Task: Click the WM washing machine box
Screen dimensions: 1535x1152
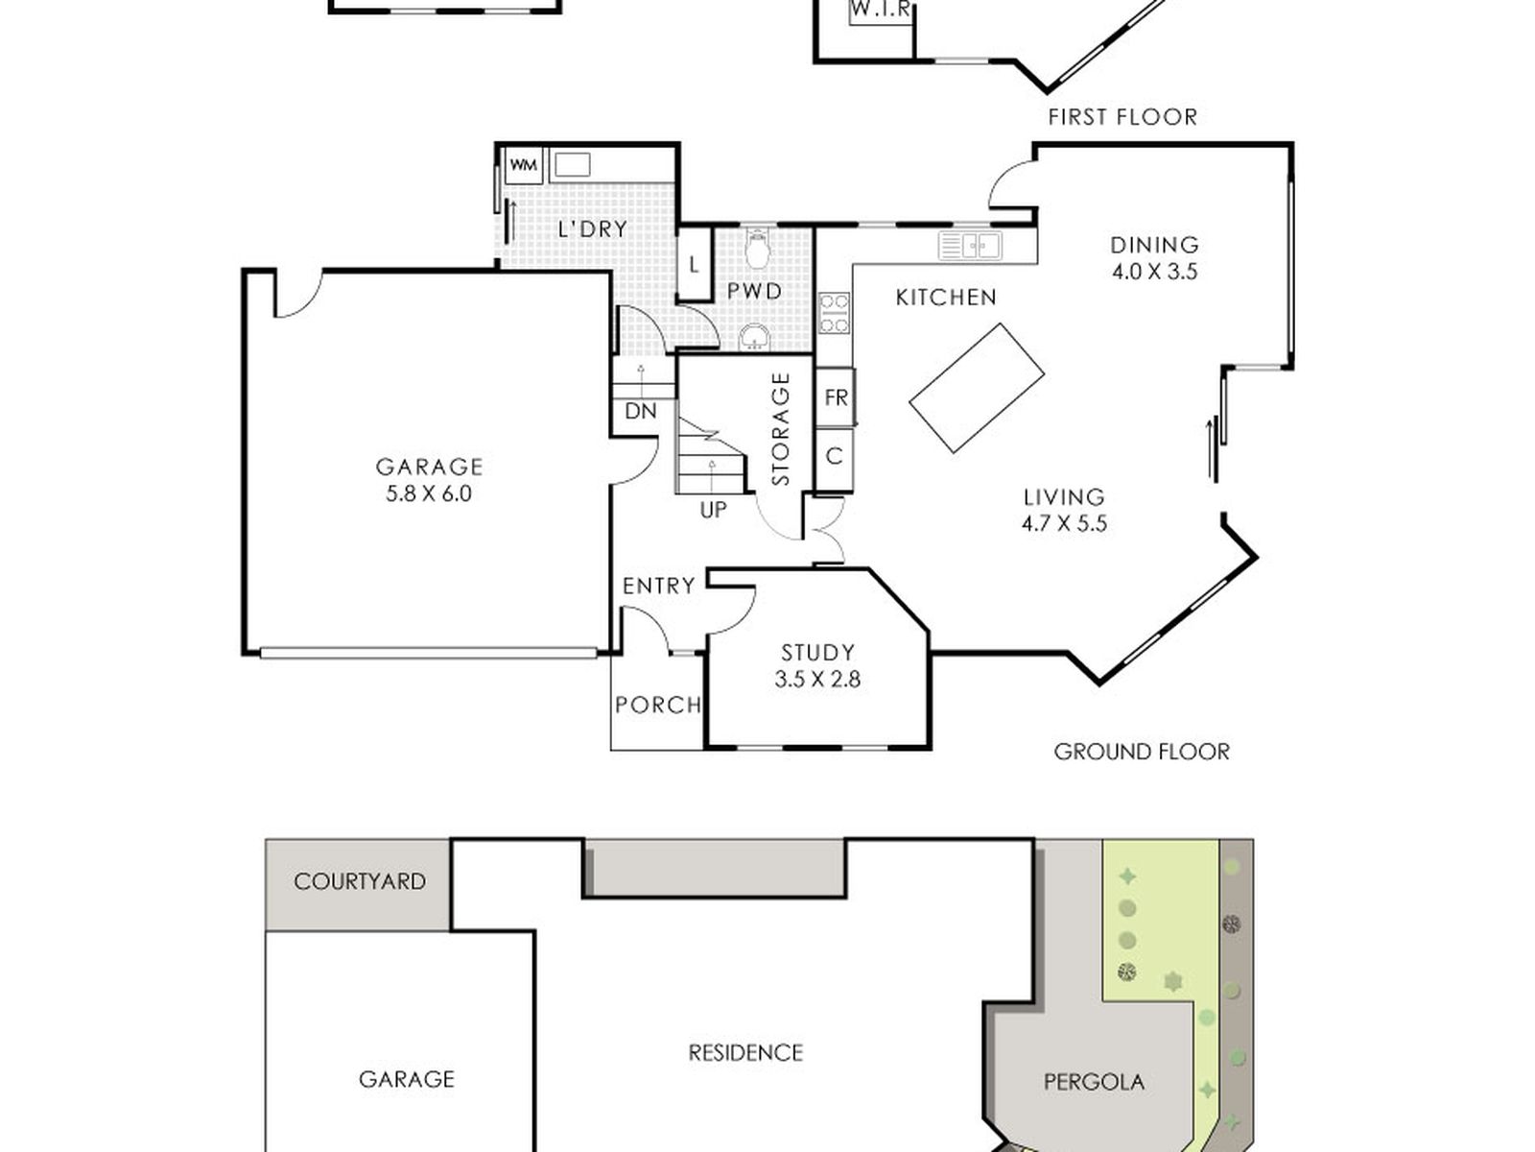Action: (x=523, y=166)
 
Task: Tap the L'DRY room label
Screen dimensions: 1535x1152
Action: (x=592, y=229)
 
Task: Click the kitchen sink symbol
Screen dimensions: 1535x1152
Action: (x=970, y=246)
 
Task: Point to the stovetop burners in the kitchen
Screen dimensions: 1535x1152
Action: (x=835, y=313)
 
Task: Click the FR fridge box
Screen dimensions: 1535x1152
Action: (x=836, y=397)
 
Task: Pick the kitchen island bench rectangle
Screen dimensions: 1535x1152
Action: (x=977, y=388)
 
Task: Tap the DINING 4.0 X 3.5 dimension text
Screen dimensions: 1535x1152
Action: (x=1154, y=272)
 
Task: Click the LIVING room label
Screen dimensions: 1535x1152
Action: (x=1064, y=497)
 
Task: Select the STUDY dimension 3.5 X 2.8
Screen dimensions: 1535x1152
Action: (x=817, y=679)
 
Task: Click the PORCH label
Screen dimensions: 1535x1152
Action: (x=658, y=705)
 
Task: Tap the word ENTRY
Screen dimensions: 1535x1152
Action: (x=659, y=586)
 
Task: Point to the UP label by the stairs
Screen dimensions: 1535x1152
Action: (x=714, y=511)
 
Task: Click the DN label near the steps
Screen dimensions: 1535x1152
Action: (x=641, y=411)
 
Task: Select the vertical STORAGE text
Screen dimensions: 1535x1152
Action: (x=780, y=429)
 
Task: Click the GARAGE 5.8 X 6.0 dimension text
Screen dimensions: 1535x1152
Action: (x=429, y=493)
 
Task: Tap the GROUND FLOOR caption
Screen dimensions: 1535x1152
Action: (x=1142, y=752)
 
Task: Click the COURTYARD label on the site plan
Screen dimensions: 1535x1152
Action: (x=360, y=881)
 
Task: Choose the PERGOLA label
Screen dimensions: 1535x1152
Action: (x=1094, y=1082)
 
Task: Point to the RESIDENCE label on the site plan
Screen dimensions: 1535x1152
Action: (x=745, y=1053)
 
